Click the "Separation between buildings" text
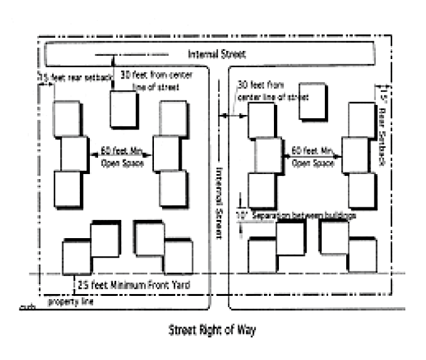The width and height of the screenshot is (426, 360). point(305,215)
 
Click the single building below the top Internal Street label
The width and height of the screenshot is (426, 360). point(124,108)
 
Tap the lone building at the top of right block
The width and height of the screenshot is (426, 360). point(312,101)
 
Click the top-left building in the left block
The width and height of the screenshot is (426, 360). point(66,118)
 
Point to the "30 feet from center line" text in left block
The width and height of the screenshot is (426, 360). point(168,81)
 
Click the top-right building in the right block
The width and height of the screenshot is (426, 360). point(361,117)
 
